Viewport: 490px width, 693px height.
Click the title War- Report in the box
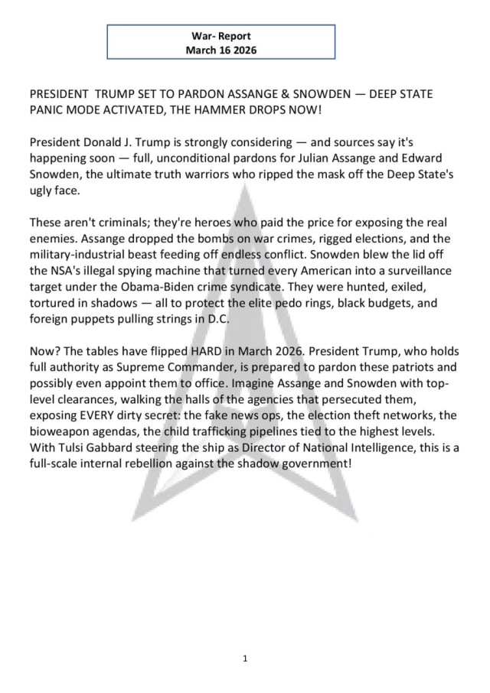(220, 36)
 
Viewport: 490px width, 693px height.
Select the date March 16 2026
(220, 50)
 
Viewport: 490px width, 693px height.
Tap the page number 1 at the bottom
(244, 659)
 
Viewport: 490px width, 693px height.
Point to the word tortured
(57, 303)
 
